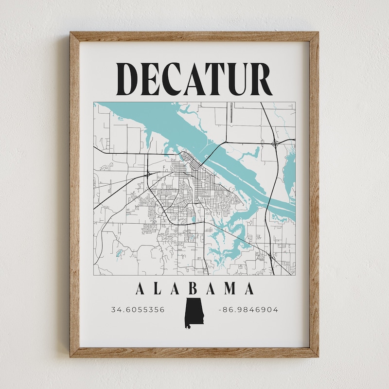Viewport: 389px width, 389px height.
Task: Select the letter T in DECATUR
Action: click(217, 79)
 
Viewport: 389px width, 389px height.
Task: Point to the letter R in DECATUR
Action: click(262, 79)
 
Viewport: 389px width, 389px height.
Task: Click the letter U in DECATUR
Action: click(239, 79)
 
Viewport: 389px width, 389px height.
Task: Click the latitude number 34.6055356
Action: click(138, 310)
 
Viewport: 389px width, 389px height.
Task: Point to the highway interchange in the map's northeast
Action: click(276, 143)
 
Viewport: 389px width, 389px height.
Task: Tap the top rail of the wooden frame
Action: click(194, 36)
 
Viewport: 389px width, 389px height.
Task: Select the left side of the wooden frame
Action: click(74, 194)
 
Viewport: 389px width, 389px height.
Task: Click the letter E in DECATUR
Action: click(150, 79)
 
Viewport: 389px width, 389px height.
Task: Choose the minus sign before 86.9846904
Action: click(221, 310)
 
